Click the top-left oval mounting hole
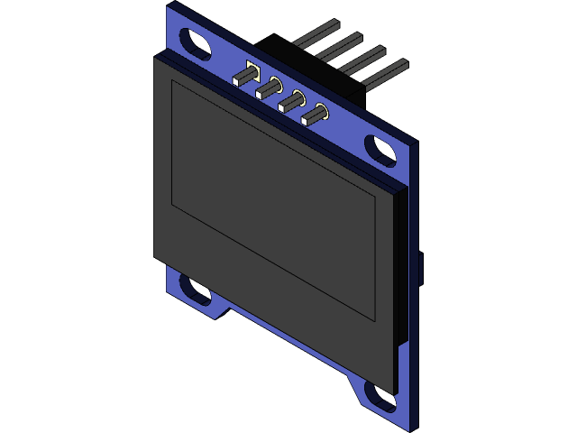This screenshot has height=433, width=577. coord(195,41)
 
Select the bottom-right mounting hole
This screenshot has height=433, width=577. coord(380,393)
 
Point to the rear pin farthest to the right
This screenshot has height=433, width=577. coord(388,74)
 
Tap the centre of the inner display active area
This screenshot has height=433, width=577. coord(273,200)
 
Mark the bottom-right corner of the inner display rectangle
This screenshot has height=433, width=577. coord(374,319)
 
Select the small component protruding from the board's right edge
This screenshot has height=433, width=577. coord(421,268)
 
